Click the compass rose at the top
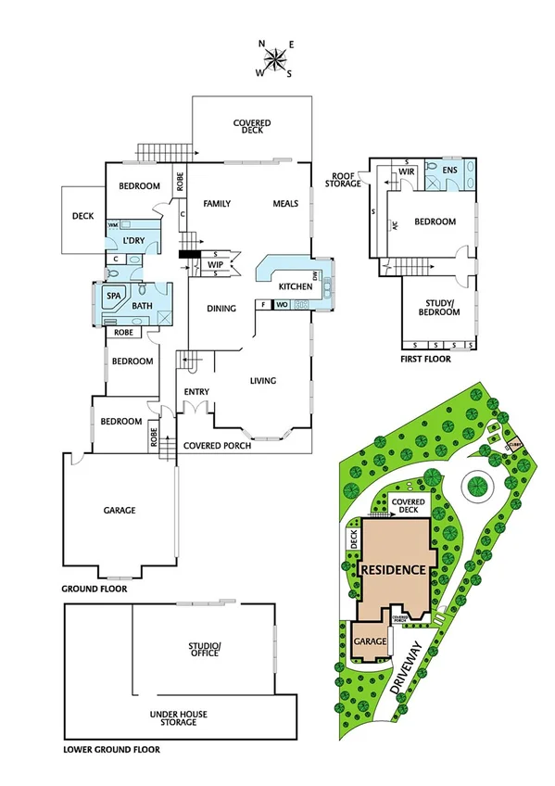(x=275, y=59)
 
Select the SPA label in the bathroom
(x=114, y=296)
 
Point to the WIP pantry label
(x=215, y=264)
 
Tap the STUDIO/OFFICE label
(x=203, y=650)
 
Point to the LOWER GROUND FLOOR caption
(x=111, y=750)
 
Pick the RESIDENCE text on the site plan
(x=394, y=569)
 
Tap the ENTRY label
(x=196, y=392)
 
